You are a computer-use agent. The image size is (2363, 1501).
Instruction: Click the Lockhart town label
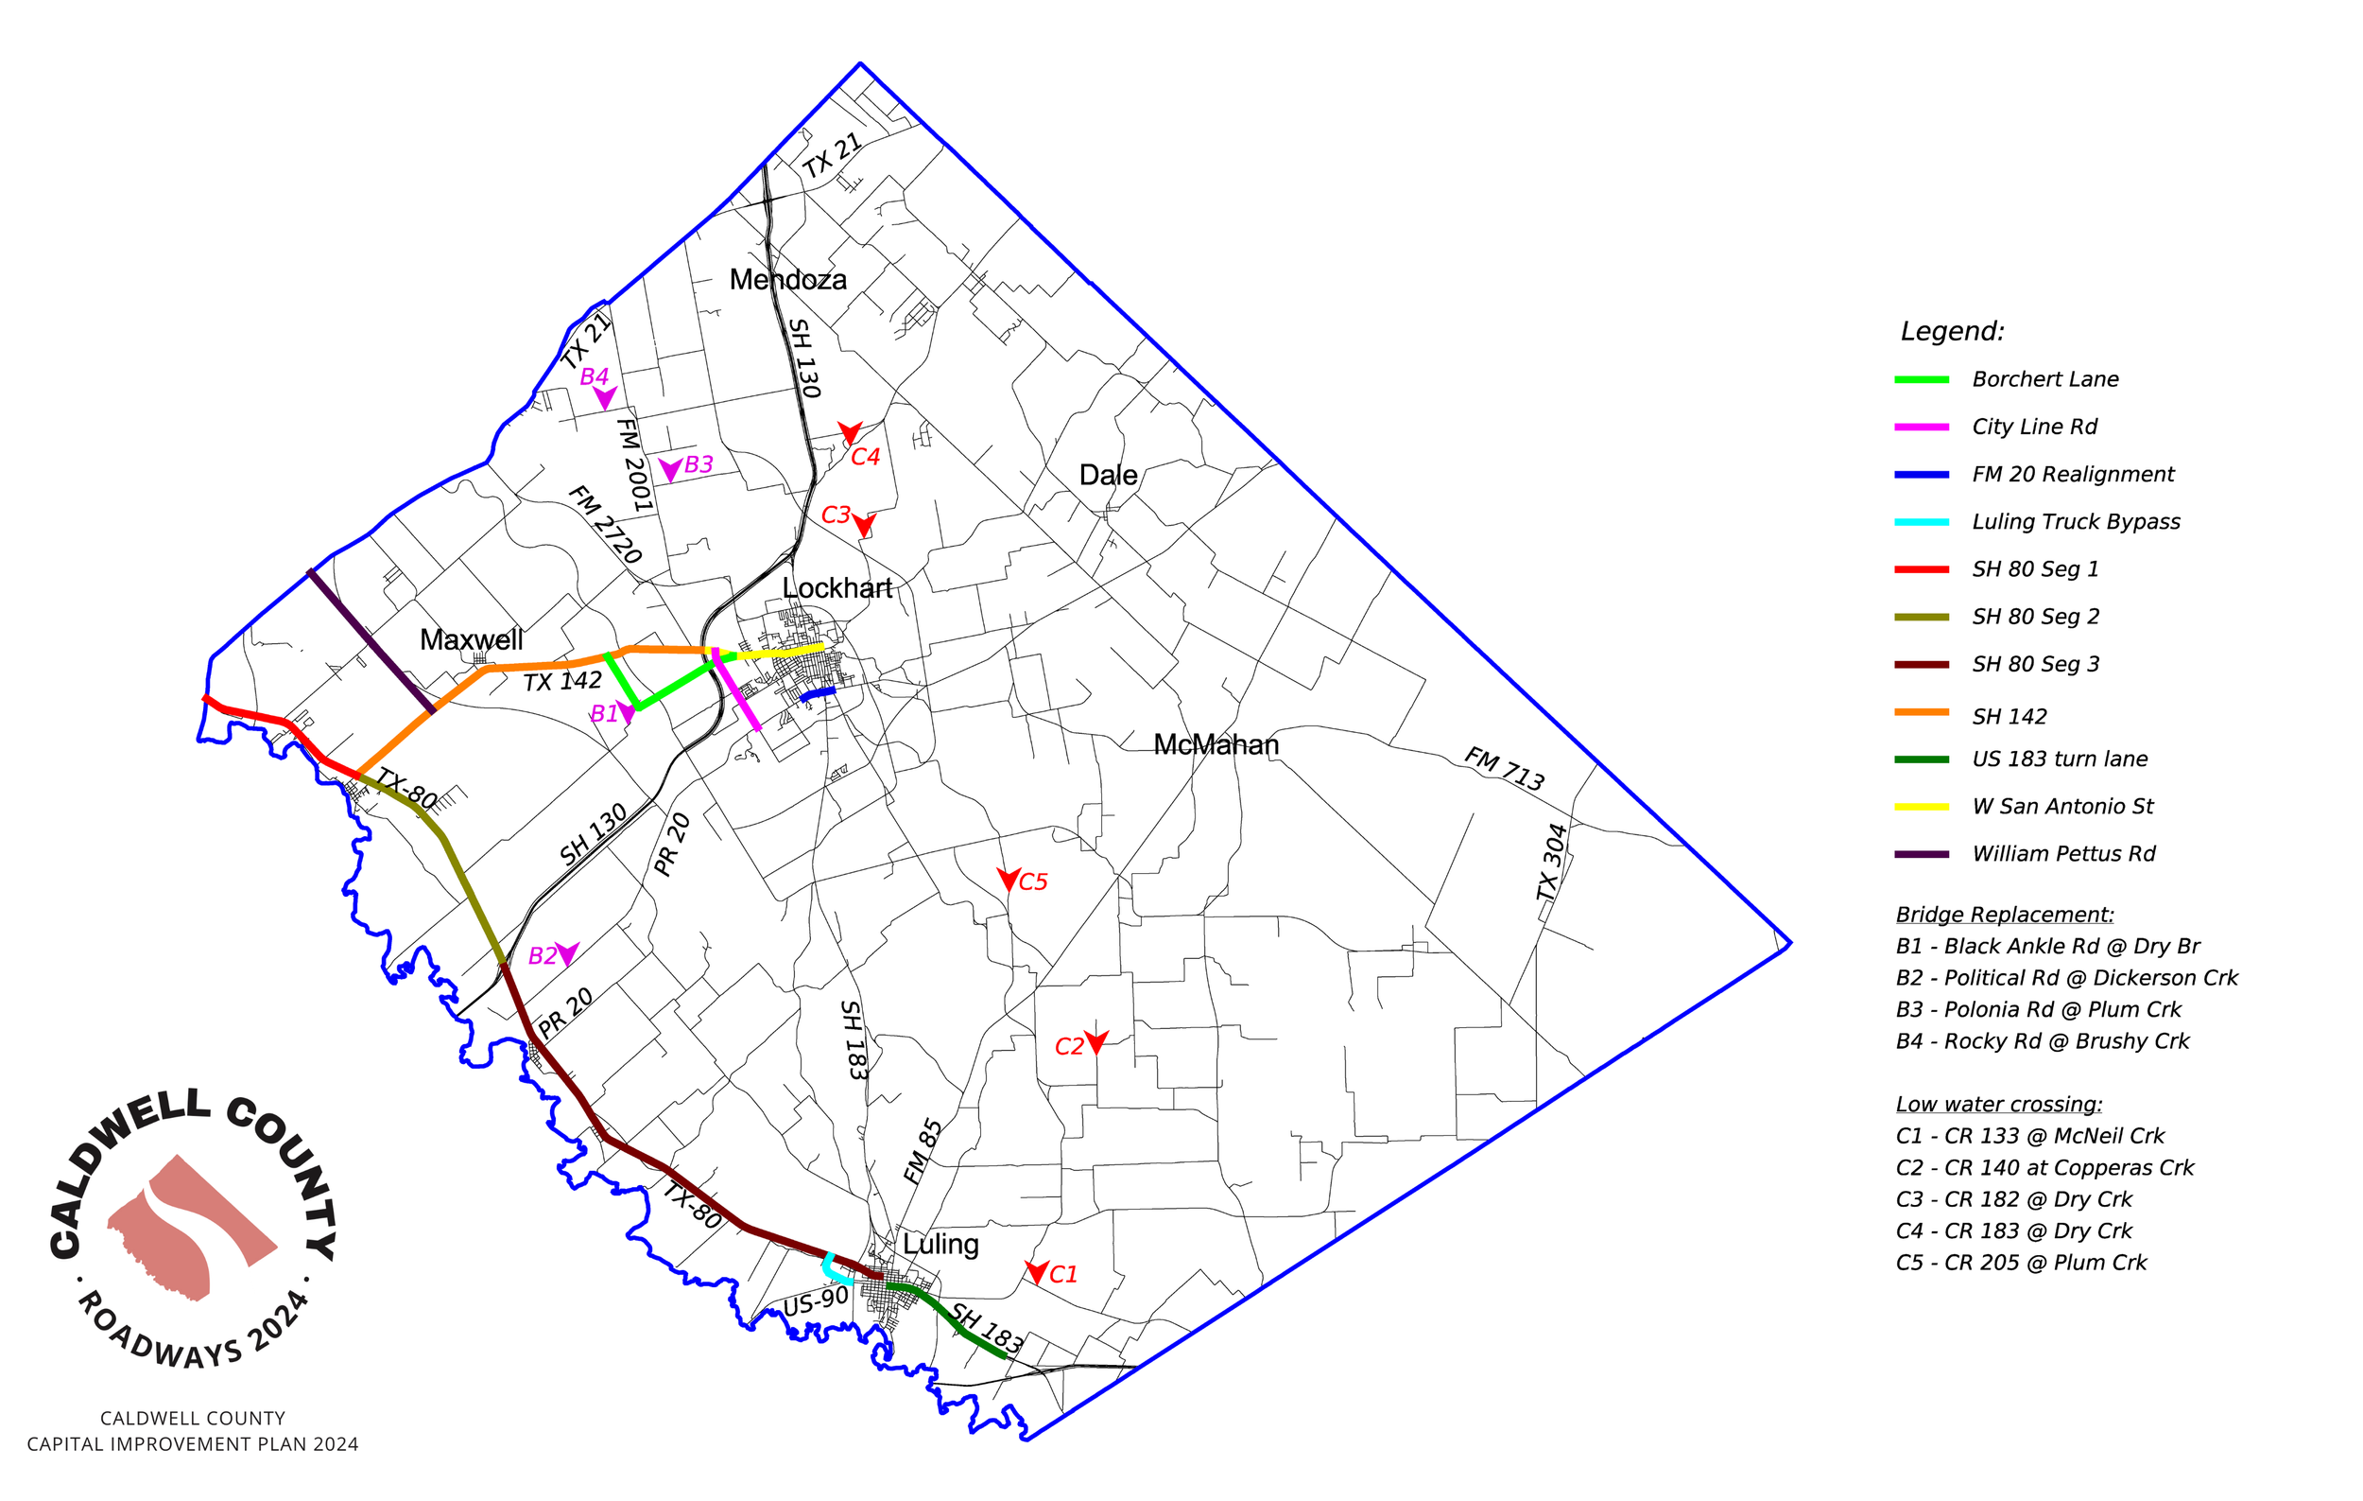pyautogui.click(x=837, y=588)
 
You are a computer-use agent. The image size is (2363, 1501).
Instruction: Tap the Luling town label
pyautogui.click(x=940, y=1244)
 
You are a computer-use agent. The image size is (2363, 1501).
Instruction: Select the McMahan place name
pyautogui.click(x=1216, y=745)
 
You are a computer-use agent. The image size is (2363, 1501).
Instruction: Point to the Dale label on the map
pyautogui.click(x=1108, y=475)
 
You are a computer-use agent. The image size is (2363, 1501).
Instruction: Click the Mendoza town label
pyautogui.click(x=787, y=280)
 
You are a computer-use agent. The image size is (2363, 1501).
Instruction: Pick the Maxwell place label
pyautogui.click(x=471, y=640)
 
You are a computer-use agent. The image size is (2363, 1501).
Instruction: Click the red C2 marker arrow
pyautogui.click(x=1096, y=1041)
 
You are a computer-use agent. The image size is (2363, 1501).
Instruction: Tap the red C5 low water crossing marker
pyautogui.click(x=1008, y=879)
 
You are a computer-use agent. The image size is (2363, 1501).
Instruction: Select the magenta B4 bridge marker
pyautogui.click(x=605, y=397)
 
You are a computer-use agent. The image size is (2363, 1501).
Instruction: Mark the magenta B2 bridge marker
pyautogui.click(x=567, y=952)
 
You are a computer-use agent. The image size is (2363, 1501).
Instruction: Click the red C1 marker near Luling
pyautogui.click(x=1036, y=1272)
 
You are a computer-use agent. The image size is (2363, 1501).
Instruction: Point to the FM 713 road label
pyautogui.click(x=1504, y=769)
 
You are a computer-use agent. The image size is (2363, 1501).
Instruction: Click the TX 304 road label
pyautogui.click(x=1551, y=862)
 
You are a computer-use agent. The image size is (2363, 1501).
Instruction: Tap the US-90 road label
pyautogui.click(x=816, y=1302)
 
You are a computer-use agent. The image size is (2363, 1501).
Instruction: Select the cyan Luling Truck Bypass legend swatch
pyautogui.click(x=1921, y=522)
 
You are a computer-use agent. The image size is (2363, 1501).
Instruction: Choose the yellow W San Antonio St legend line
pyautogui.click(x=1921, y=807)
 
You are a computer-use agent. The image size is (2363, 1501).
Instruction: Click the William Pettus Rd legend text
pyautogui.click(x=2062, y=854)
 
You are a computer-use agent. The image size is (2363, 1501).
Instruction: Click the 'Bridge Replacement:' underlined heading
pyautogui.click(x=2004, y=915)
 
